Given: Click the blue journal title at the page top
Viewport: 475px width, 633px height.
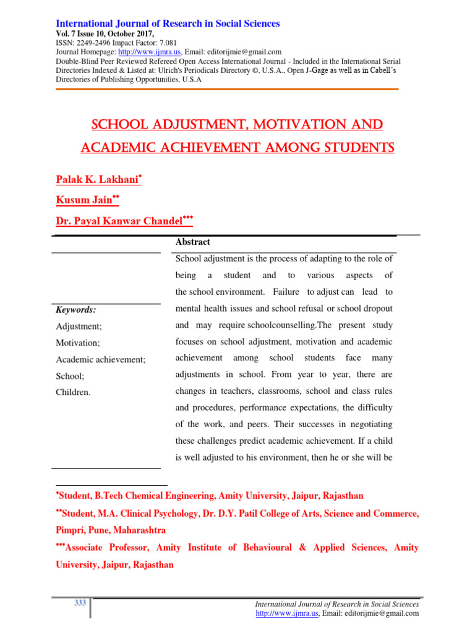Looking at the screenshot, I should [168, 23].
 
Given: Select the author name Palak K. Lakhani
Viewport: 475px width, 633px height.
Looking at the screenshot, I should [96, 179].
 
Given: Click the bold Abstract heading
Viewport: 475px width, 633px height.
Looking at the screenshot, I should [193, 242].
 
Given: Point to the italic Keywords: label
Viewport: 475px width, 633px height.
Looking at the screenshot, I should [76, 310].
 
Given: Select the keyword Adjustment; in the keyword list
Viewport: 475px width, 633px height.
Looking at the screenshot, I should [77, 325].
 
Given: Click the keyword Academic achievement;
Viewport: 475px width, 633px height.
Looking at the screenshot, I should [101, 359].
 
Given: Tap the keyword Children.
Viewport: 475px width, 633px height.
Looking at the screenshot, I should [73, 392].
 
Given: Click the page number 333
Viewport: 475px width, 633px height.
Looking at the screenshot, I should [80, 603].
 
